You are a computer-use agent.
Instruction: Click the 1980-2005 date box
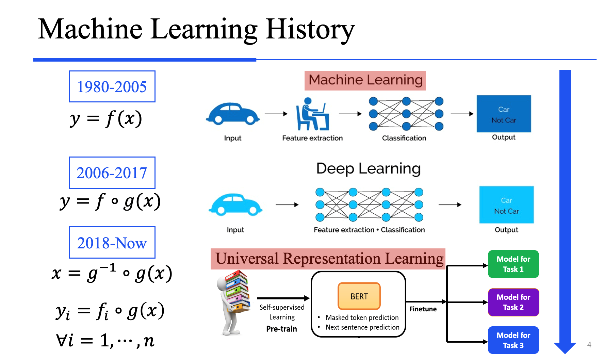tap(112, 86)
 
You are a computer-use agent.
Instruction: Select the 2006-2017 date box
tap(112, 173)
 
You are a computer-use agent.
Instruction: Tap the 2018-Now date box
tap(112, 243)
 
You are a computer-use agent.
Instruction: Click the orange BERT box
tap(359, 296)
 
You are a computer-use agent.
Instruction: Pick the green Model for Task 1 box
tap(513, 264)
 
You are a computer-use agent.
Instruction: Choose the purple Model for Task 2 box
tap(513, 302)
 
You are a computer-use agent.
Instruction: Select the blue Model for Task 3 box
tap(513, 340)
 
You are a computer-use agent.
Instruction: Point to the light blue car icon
tap(235, 204)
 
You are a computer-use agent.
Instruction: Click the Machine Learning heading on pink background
tap(365, 80)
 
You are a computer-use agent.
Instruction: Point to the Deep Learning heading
tap(368, 169)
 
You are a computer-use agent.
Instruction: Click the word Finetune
tap(423, 309)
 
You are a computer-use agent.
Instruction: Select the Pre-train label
tap(281, 329)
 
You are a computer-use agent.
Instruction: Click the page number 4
tap(589, 345)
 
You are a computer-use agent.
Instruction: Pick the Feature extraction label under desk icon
tap(312, 138)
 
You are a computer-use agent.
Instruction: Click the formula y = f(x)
tap(106, 119)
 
